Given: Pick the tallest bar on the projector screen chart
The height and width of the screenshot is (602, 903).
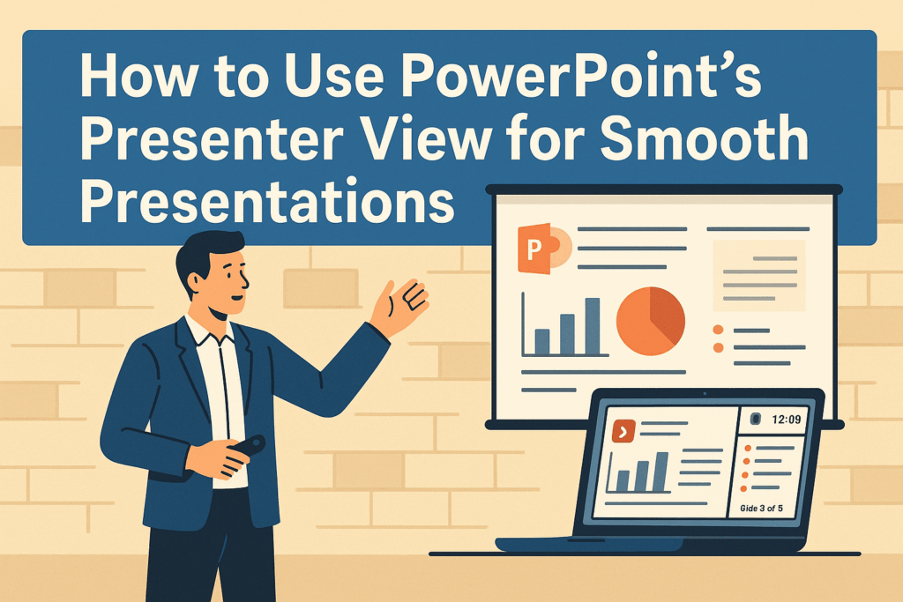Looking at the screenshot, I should (593, 325).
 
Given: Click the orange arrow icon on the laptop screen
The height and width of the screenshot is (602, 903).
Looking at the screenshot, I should (623, 431).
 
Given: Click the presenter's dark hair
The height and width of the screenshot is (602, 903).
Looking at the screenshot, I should (207, 251).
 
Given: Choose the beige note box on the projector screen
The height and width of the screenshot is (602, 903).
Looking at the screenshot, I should (758, 276).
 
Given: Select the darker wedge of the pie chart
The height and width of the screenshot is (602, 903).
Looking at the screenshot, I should (667, 313).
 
